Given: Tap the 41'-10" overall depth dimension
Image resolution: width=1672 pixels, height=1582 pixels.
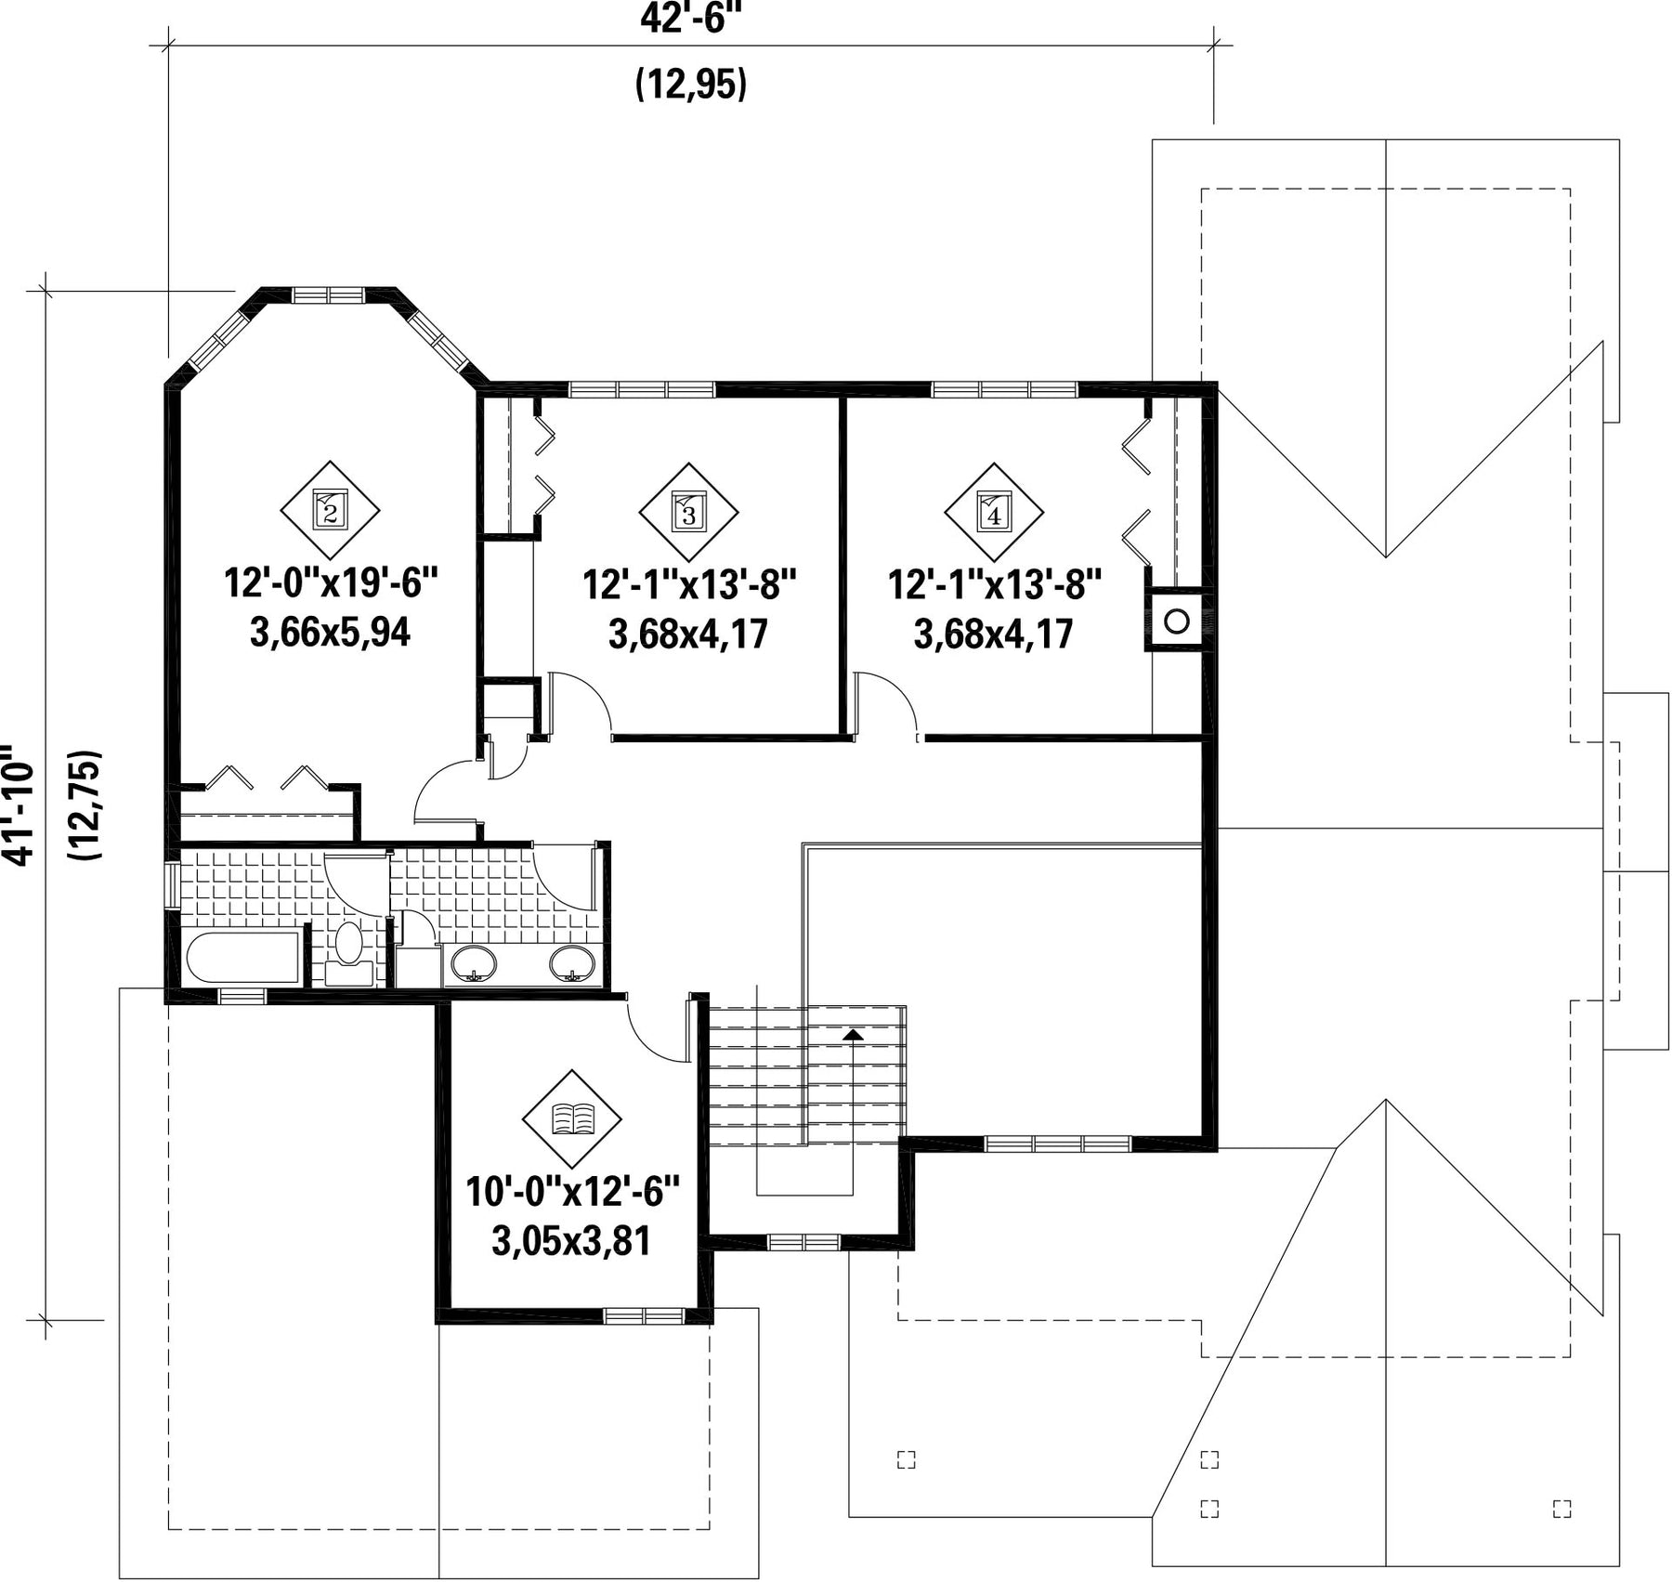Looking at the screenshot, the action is tap(19, 804).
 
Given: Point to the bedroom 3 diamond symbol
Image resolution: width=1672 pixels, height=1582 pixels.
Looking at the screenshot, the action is tap(688, 511).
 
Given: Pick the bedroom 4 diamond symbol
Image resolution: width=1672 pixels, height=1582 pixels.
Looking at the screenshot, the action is tap(994, 511).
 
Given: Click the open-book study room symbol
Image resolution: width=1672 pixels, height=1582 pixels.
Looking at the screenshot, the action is tap(572, 1118).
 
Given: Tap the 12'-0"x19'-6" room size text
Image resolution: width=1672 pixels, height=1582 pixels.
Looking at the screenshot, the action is tap(331, 584).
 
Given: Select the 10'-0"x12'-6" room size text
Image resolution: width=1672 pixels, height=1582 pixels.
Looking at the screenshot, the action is tap(573, 1192).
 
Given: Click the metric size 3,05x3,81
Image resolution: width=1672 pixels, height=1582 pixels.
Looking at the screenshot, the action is tap(571, 1241).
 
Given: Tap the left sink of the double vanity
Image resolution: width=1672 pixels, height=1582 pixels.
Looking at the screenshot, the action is tap(474, 963).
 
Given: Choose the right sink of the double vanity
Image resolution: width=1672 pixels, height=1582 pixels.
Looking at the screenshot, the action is tap(573, 963).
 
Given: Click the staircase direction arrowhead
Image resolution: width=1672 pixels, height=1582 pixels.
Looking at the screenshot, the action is tap(852, 1034).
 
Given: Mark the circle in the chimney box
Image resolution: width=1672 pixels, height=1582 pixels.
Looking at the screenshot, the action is tap(1177, 621).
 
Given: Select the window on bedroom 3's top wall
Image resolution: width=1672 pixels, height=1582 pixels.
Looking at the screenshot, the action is tap(642, 389).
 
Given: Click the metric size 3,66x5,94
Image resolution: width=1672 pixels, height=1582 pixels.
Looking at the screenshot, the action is tap(330, 634).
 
